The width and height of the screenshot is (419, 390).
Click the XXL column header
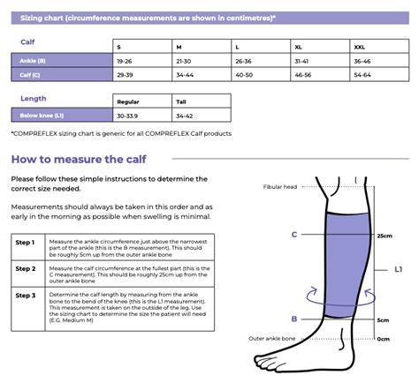coord(362,46)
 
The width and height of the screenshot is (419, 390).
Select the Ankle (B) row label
coord(34,61)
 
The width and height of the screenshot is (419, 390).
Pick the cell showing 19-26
coord(126,61)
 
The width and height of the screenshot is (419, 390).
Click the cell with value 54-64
coord(362,74)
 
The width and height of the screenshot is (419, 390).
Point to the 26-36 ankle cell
coord(243,61)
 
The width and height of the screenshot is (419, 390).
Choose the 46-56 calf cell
coord(302,74)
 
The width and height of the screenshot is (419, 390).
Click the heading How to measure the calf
coord(79,160)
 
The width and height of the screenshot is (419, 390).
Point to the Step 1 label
coord(26,241)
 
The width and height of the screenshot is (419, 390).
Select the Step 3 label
coord(26,296)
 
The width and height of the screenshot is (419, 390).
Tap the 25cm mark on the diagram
coord(385,236)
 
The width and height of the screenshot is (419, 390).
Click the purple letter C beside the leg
coord(293,235)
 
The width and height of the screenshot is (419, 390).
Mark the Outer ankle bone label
coord(278,338)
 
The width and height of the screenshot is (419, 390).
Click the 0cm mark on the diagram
coord(383,338)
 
